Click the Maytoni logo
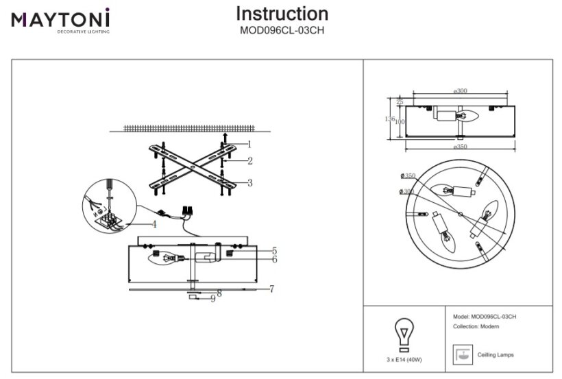[x=60, y=20]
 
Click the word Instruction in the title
[x=282, y=14]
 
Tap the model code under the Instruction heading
[x=282, y=30]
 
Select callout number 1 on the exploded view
[x=249, y=145]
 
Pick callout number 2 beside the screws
[x=250, y=161]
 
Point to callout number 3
[x=249, y=183]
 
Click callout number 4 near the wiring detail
[x=154, y=223]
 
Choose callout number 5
[x=273, y=251]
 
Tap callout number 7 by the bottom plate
[x=271, y=289]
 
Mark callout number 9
[x=213, y=298]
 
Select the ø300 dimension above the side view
[x=461, y=91]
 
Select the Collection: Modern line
[x=476, y=327]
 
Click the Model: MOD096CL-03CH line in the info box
[x=485, y=317]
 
